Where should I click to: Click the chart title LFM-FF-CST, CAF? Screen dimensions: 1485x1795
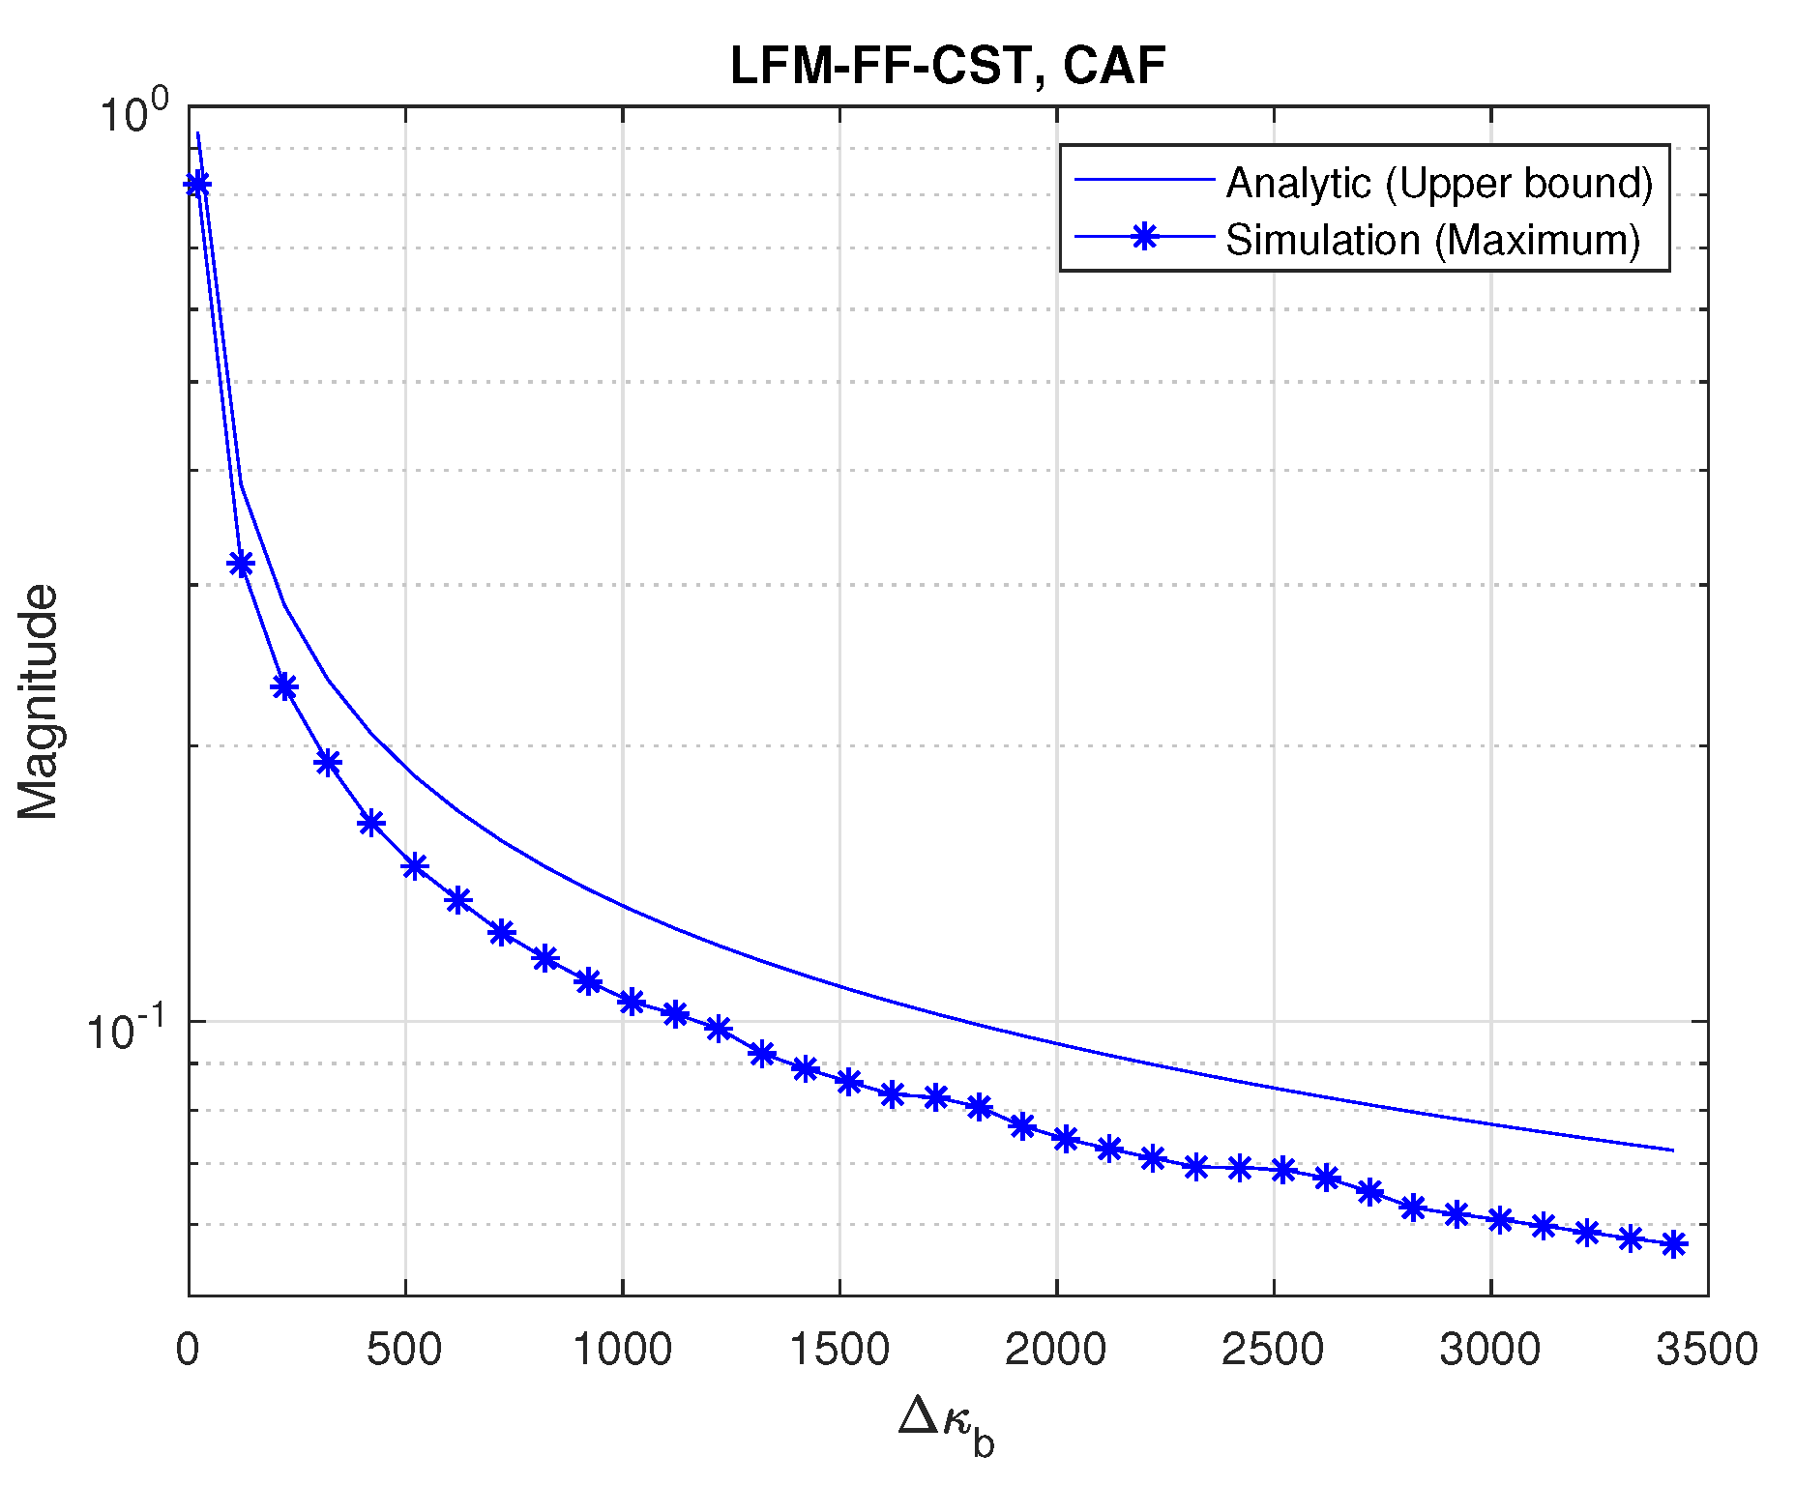tap(947, 67)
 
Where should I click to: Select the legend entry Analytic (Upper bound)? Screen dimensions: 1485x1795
tap(1439, 183)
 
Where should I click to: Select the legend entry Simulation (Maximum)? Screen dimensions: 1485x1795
tap(1432, 240)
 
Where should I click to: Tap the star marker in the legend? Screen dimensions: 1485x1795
tap(1145, 236)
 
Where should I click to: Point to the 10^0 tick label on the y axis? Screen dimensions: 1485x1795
tap(133, 114)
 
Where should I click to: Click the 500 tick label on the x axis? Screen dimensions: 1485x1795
tap(404, 1350)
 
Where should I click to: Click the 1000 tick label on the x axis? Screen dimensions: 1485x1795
tap(622, 1350)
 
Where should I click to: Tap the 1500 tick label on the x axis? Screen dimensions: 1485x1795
tap(839, 1350)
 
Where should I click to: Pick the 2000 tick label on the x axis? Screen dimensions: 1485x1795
tap(1056, 1350)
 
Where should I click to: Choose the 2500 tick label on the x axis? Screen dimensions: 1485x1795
tap(1273, 1350)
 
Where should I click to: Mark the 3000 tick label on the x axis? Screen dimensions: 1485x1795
tap(1490, 1350)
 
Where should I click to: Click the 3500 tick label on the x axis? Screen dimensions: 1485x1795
tap(1707, 1350)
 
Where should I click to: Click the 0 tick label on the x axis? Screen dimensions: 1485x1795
tap(188, 1350)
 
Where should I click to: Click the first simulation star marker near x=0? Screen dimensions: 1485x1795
tap(197, 184)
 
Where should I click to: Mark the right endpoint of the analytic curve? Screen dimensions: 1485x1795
tap(1673, 1150)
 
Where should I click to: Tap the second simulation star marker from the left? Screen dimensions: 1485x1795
tap(241, 564)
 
